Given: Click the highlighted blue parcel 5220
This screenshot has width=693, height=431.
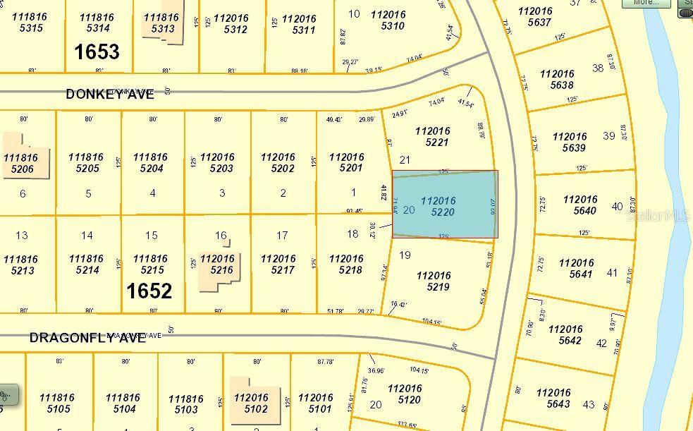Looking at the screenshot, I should [444, 205].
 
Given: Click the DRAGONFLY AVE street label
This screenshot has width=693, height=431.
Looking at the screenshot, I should [87, 338].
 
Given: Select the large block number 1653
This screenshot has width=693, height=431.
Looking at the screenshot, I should [97, 51].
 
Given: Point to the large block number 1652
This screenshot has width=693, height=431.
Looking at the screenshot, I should [149, 291].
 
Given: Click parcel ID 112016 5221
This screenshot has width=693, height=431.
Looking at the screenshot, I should [431, 136].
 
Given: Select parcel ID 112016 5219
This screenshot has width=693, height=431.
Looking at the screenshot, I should [434, 281].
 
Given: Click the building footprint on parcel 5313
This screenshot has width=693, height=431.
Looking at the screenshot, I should [161, 25].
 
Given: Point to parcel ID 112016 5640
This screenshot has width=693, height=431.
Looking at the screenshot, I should [580, 205].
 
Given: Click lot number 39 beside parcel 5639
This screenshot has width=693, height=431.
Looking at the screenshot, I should [609, 135].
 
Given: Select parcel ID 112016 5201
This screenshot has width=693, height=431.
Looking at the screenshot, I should [346, 162].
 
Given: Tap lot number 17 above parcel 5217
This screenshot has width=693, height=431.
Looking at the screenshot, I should [282, 235].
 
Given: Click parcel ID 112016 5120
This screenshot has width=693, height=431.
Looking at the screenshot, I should [405, 394].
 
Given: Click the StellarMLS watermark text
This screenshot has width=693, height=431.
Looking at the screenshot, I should [658, 216].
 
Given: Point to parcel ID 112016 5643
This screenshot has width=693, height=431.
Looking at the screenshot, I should [553, 398].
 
